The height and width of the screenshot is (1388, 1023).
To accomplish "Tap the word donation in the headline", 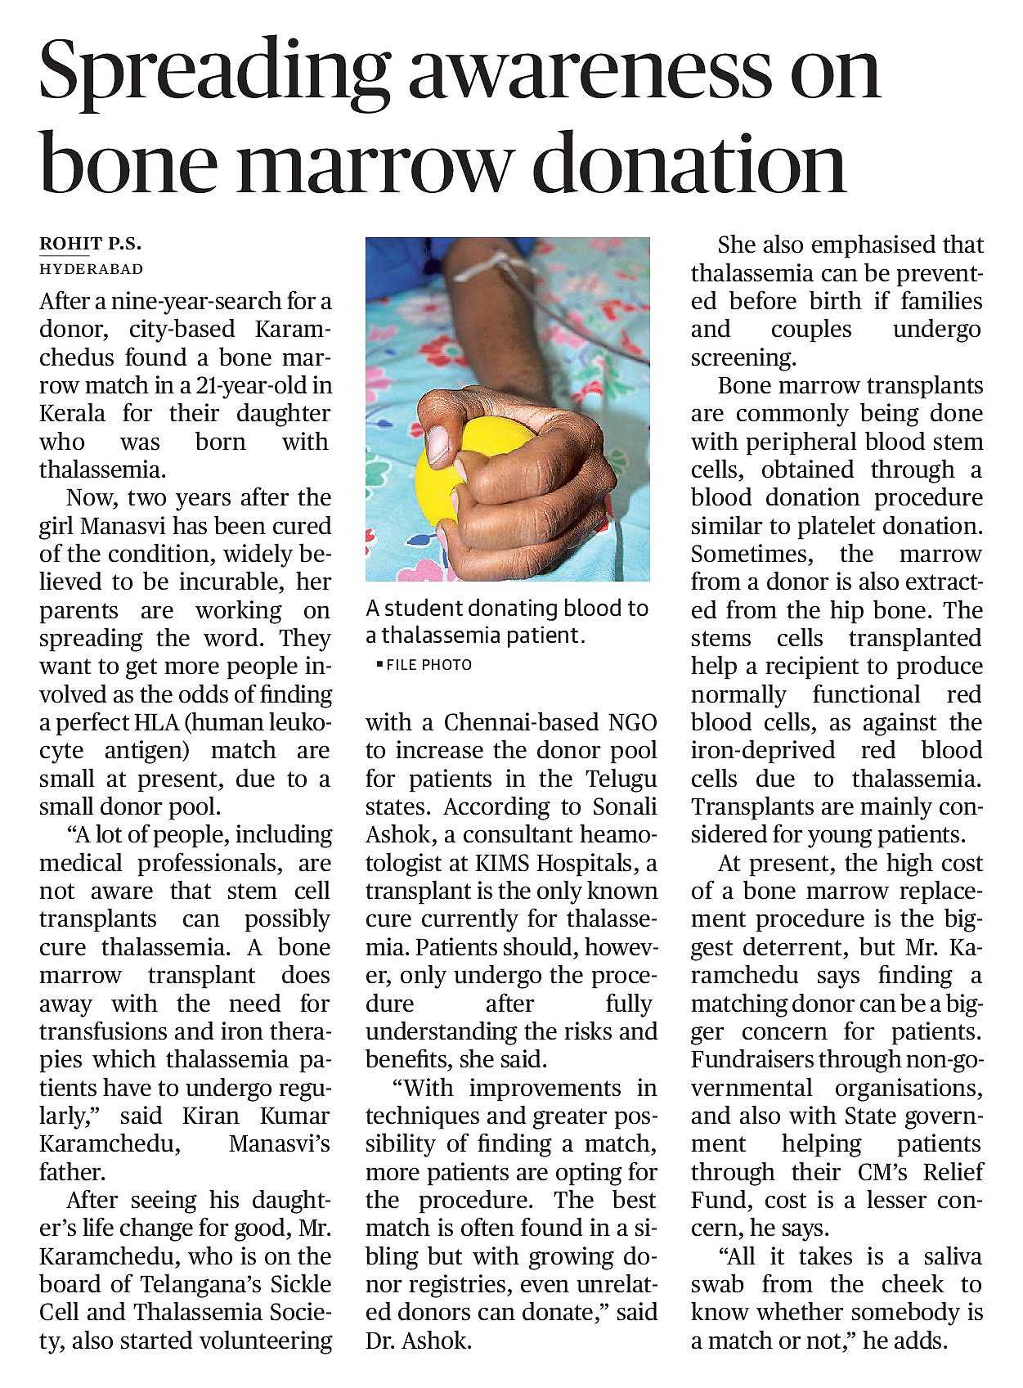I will [x=689, y=164].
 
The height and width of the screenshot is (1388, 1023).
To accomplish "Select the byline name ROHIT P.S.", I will [x=91, y=244].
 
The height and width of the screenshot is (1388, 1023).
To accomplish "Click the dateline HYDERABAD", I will [x=92, y=269].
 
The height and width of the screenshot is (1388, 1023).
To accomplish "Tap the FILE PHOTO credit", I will [x=428, y=665].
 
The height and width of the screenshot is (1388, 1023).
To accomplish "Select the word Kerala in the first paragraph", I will [x=73, y=413].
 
